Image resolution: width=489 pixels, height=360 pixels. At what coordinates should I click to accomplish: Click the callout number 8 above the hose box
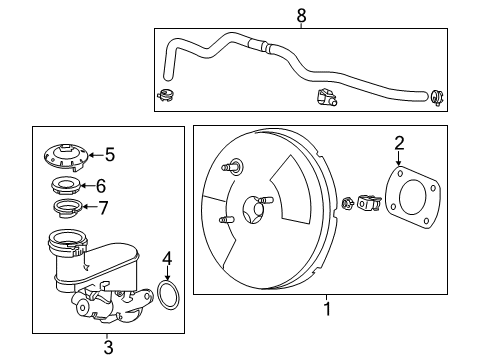click(301, 15)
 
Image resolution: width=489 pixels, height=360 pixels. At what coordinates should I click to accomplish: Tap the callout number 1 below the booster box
click(328, 309)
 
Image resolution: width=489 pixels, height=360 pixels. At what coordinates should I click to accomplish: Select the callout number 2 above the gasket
click(399, 143)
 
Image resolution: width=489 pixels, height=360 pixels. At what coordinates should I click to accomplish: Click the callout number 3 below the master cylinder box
click(108, 347)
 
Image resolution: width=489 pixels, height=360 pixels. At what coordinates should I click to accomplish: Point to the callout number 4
click(167, 259)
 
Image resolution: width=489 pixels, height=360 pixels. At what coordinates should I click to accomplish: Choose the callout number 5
click(110, 155)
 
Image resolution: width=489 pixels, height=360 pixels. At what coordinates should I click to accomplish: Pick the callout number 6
click(101, 186)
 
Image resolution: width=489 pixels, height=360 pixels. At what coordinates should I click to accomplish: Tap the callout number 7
click(103, 208)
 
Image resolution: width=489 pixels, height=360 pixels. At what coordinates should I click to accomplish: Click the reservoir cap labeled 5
click(66, 158)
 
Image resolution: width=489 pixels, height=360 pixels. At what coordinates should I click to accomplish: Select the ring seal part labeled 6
click(66, 186)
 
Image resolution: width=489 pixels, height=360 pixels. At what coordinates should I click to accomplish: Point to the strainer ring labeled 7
click(68, 208)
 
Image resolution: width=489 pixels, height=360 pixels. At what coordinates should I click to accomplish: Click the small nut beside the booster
click(348, 203)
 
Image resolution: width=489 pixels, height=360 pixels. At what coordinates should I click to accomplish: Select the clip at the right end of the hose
click(438, 97)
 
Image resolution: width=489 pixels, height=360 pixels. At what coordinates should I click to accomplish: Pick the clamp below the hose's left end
click(166, 95)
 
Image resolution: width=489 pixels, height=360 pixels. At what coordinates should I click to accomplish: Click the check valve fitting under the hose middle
click(326, 97)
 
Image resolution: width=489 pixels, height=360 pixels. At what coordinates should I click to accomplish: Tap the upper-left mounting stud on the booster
click(232, 166)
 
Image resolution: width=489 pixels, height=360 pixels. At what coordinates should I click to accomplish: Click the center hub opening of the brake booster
click(253, 210)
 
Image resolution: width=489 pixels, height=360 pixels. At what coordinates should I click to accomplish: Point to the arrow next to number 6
click(88, 186)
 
